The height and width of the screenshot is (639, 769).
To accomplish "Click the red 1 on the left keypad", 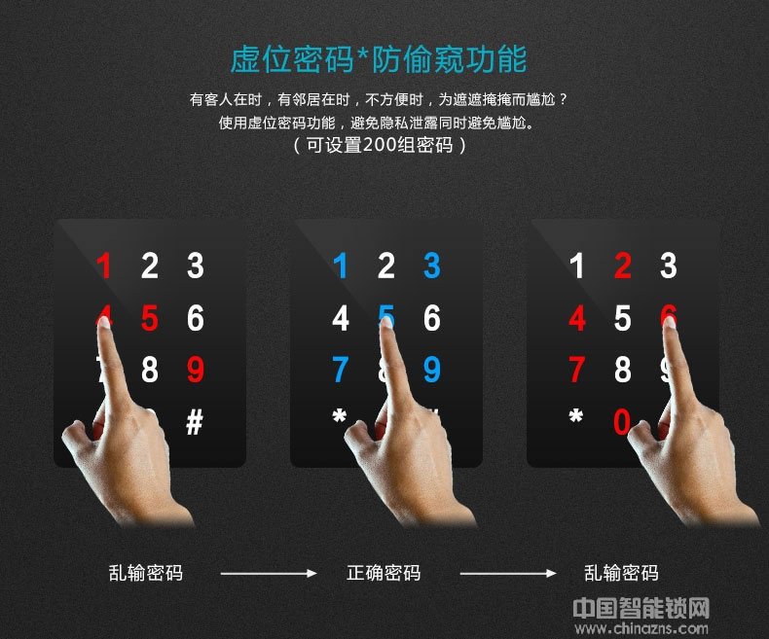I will tap(103, 266).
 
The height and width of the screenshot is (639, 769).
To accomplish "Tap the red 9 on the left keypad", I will tap(195, 370).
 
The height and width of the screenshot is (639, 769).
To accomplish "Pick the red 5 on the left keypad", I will tap(149, 318).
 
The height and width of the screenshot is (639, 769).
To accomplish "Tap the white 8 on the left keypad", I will tap(149, 370).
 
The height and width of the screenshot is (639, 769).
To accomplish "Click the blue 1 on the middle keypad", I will tap(340, 266).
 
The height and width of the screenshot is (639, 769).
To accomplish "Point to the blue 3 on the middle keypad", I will tap(431, 266).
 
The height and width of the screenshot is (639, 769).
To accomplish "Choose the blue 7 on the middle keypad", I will tap(340, 370).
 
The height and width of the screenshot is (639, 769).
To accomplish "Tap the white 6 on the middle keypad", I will tap(431, 318).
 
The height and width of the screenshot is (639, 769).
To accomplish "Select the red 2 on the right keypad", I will tap(623, 266).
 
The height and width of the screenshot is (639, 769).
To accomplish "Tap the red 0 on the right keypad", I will tap(621, 422).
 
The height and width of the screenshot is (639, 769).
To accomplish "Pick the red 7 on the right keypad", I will tap(577, 370).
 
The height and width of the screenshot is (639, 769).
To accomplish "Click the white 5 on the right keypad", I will tap(623, 318).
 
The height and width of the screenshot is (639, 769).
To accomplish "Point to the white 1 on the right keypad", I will tap(577, 266).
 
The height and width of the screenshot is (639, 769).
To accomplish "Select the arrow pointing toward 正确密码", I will tap(268, 574).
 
